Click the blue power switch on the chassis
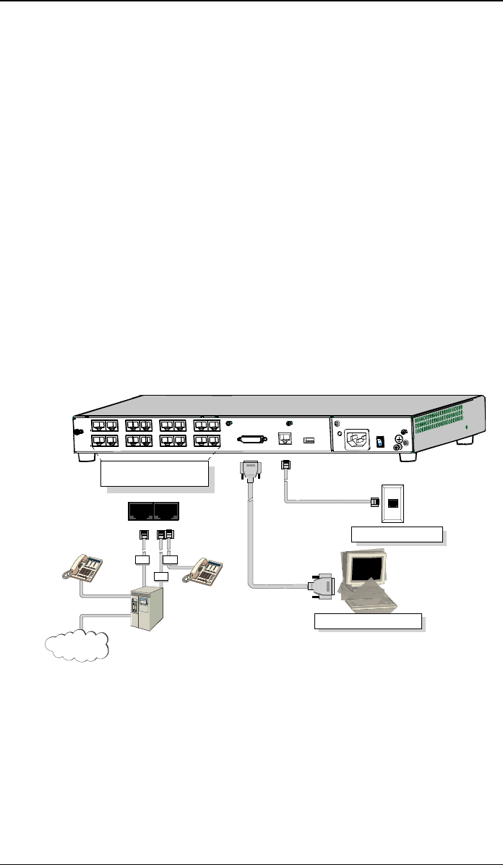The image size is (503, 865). [x=382, y=439]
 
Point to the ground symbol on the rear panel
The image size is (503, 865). [x=398, y=438]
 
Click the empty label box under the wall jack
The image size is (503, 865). [x=396, y=535]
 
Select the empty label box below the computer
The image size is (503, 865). [x=368, y=621]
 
